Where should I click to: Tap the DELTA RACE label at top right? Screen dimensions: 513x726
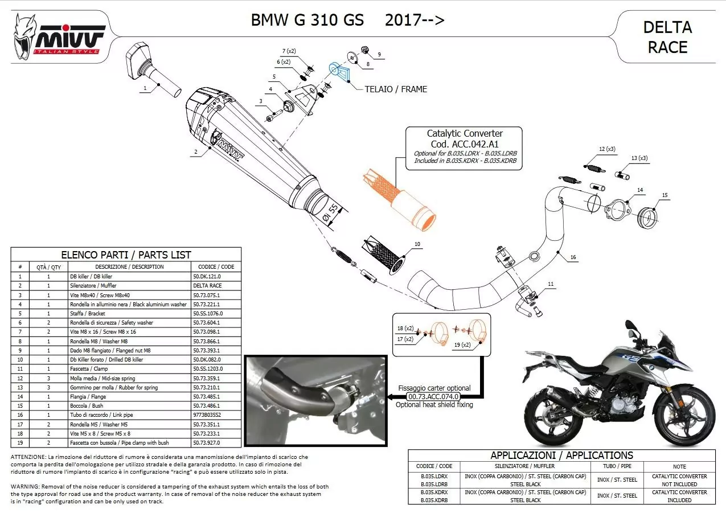pyautogui.click(x=667, y=37)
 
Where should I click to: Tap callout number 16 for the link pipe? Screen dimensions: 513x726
pyautogui.click(x=573, y=257)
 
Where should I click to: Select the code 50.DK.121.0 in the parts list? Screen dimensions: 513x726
pyautogui.click(x=208, y=276)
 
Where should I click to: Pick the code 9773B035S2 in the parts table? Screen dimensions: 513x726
pyautogui.click(x=207, y=415)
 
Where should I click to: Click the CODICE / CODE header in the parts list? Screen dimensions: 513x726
pyautogui.click(x=216, y=266)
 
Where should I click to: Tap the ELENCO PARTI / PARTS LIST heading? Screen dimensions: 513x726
pyautogui.click(x=126, y=255)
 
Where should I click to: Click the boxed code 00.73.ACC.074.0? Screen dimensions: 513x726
pyautogui.click(x=433, y=396)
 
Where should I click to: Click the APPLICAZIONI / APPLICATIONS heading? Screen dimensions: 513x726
pyautogui.click(x=561, y=455)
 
